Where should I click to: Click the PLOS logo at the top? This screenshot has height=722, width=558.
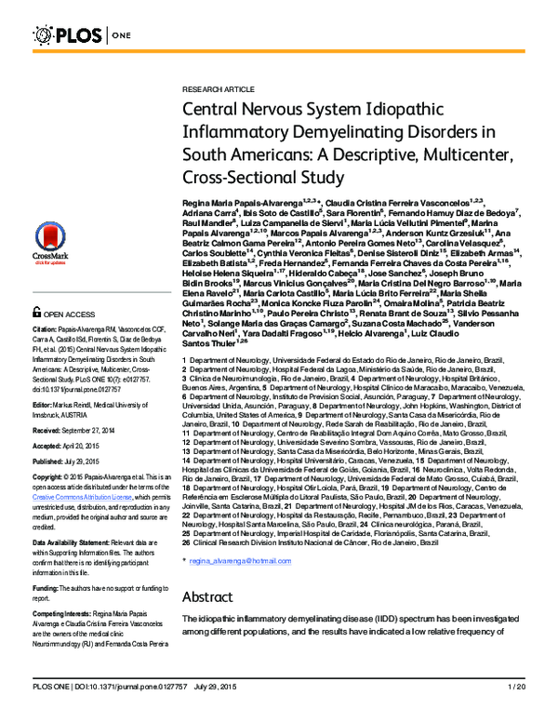74,35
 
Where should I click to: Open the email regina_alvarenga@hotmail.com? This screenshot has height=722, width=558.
239,562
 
